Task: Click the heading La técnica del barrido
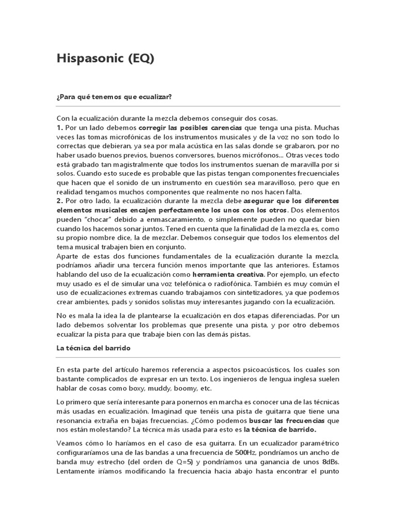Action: pyautogui.click(x=93, y=348)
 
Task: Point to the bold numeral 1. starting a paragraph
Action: pyautogui.click(x=60, y=127)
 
